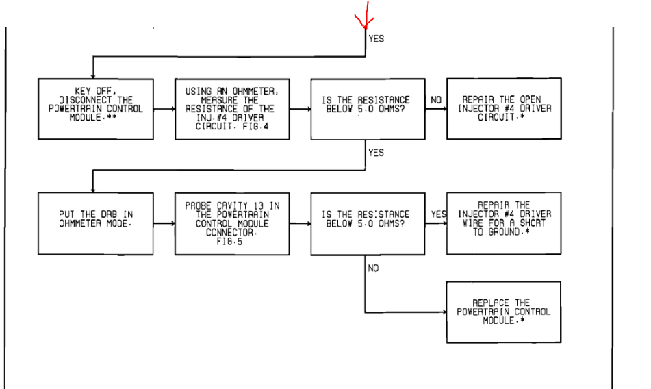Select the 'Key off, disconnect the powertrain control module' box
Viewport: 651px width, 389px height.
click(x=95, y=109)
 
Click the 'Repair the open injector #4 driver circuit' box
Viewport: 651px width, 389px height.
click(x=503, y=108)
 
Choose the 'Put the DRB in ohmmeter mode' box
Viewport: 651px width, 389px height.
click(x=95, y=223)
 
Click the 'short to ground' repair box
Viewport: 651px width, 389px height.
click(x=503, y=223)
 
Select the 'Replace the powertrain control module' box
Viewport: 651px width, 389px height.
click(x=503, y=312)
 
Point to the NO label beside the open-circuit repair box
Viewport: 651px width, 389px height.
click(x=435, y=100)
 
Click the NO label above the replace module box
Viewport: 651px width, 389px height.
click(x=373, y=269)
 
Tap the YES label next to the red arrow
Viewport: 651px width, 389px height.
click(x=376, y=39)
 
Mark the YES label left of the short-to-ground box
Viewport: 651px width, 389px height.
click(x=438, y=214)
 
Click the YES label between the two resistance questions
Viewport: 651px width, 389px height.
click(x=376, y=153)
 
